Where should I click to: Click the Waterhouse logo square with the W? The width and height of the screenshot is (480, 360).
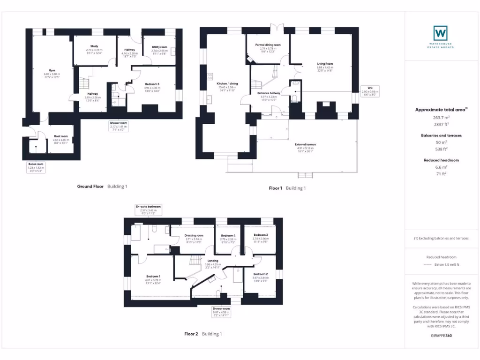tap(440, 33)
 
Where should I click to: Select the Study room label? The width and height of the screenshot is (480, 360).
tap(94, 46)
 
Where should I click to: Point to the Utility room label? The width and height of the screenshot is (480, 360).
tap(159, 47)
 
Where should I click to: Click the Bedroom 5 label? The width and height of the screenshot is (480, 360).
tap(152, 83)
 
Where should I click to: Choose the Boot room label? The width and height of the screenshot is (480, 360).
tap(61, 136)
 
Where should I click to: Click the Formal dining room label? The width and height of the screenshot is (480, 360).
tap(268, 45)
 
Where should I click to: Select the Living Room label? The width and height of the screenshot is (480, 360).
tap(325, 64)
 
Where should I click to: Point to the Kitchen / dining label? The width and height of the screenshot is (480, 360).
tap(228, 83)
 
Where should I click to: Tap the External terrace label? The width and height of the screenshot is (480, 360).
tap(305, 144)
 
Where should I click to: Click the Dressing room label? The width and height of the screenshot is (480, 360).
tap(194, 235)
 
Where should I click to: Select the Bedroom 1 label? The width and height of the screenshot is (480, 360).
tap(153, 276)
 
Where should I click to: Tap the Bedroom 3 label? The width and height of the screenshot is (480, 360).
tap(261, 235)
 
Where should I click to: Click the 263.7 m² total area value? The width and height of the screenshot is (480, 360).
tap(441, 118)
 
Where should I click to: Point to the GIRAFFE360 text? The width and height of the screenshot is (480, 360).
tap(441, 336)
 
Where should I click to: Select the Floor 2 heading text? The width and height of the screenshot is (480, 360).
tap(191, 334)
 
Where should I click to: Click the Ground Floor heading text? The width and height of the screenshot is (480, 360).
tap(90, 186)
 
